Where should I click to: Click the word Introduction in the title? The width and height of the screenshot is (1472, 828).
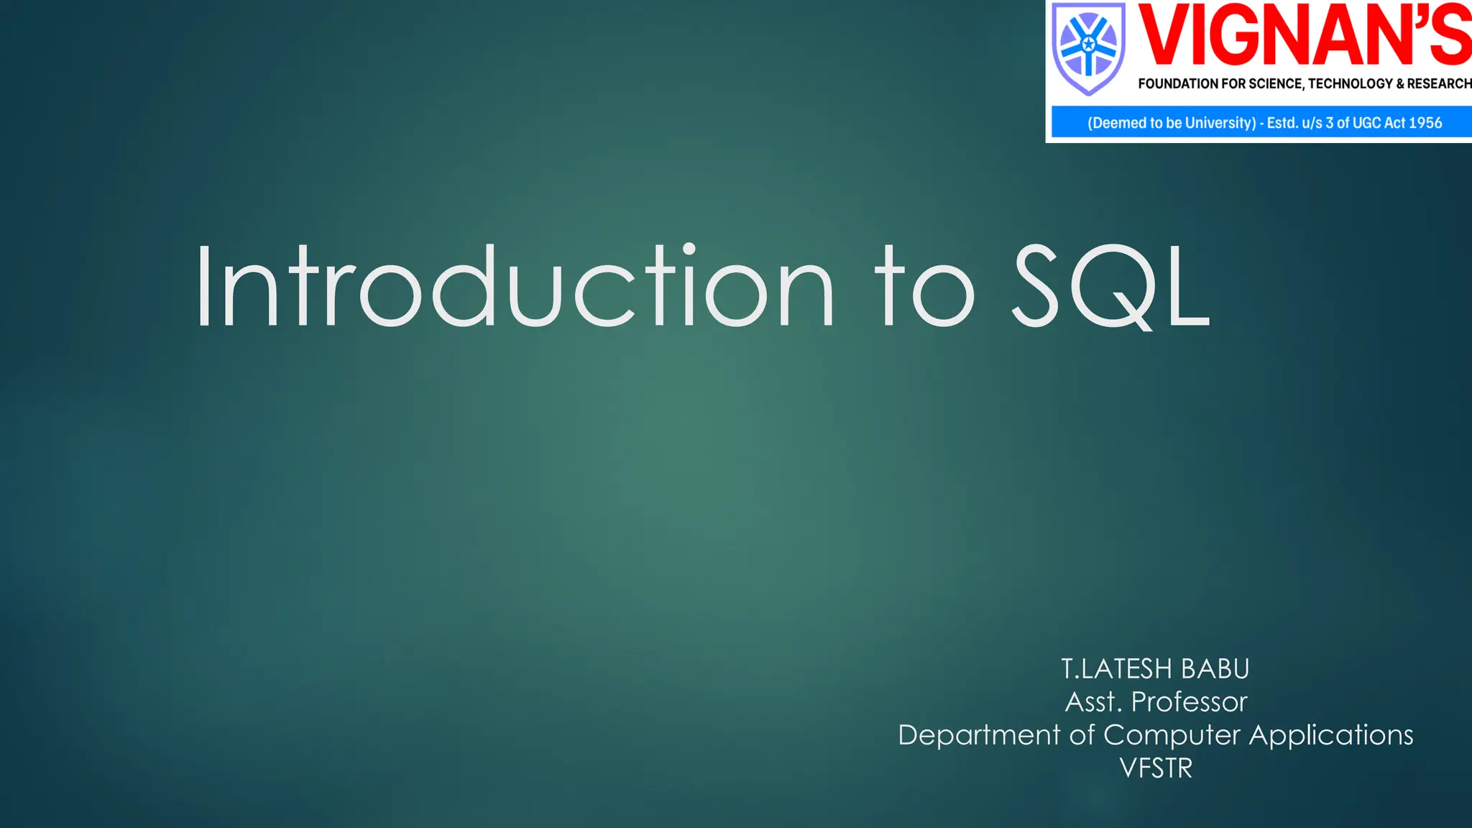pyautogui.click(x=514, y=286)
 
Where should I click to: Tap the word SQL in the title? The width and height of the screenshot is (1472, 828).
pyautogui.click(x=1111, y=286)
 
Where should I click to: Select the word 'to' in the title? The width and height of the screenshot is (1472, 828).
pyautogui.click(x=924, y=286)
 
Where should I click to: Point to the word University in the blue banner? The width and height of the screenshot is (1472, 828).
pyautogui.click(x=1220, y=123)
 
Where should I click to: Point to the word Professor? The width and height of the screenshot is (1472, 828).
pyautogui.click(x=1190, y=702)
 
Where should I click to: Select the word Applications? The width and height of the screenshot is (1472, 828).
pyautogui.click(x=1331, y=735)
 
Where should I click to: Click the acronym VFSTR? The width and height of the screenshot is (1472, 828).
pyautogui.click(x=1156, y=768)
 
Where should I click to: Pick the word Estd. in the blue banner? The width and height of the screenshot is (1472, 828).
pyautogui.click(x=1282, y=123)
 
